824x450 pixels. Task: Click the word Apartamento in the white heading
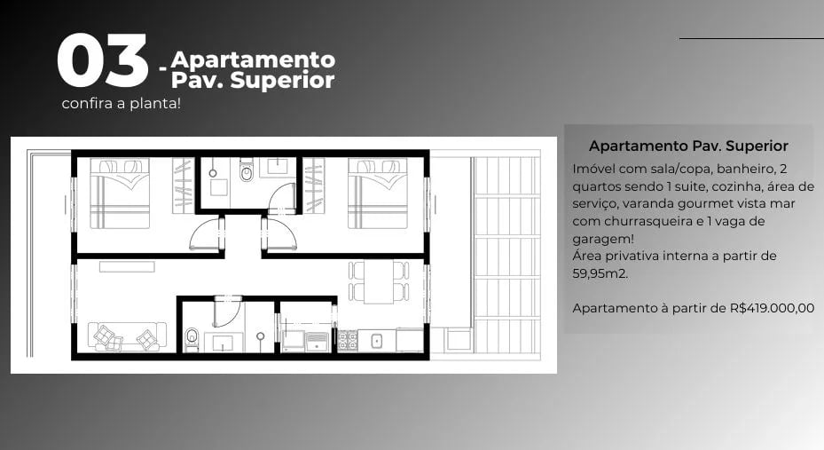pyautogui.click(x=253, y=60)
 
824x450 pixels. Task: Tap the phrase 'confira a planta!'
pyautogui.click(x=122, y=104)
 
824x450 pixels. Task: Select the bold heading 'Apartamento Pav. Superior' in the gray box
pyautogui.click(x=688, y=146)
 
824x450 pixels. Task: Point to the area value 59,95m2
pyautogui.click(x=604, y=272)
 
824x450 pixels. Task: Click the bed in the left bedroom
pyautogui.click(x=120, y=193)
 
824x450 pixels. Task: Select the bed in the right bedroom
pyautogui.click(x=377, y=193)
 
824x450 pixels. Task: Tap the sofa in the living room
pyautogui.click(x=126, y=336)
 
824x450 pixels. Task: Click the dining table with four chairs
pyautogui.click(x=379, y=281)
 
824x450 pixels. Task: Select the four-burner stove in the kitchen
pyautogui.click(x=347, y=340)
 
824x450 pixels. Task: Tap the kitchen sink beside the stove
pyautogui.click(x=376, y=340)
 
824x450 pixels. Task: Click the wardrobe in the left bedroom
pyautogui.click(x=183, y=186)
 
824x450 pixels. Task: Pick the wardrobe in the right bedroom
pyautogui.click(x=314, y=186)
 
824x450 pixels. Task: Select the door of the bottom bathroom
pyautogui.click(x=226, y=313)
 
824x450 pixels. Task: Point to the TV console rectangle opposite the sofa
pyautogui.click(x=126, y=266)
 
